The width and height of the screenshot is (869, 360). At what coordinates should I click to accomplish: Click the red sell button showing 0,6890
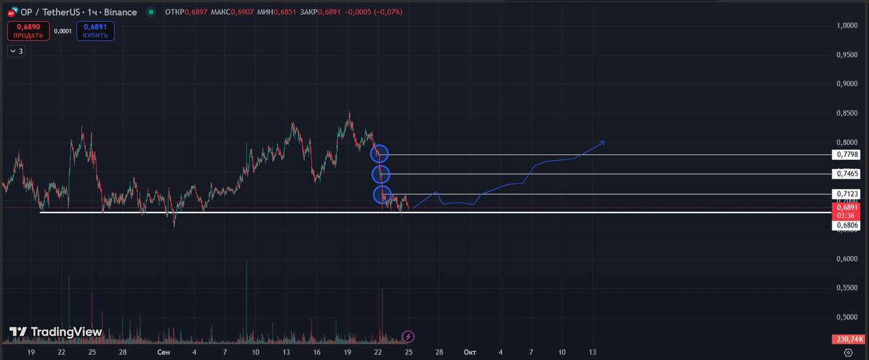tap(29, 31)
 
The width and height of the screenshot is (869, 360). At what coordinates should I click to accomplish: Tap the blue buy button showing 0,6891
tap(95, 31)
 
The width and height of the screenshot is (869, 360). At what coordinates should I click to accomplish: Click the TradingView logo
tap(56, 332)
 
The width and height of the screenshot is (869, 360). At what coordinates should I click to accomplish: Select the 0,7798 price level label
tap(848, 155)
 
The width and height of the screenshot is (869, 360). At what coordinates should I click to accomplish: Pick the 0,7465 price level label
tap(848, 174)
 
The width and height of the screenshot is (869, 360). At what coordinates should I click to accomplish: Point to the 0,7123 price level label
tap(848, 194)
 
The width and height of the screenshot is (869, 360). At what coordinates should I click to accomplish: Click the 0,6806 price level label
tap(848, 225)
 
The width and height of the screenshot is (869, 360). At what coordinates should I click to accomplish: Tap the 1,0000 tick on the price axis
tap(847, 26)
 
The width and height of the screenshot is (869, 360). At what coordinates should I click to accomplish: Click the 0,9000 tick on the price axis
tap(847, 84)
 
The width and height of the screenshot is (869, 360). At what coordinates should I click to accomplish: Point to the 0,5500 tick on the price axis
tap(847, 288)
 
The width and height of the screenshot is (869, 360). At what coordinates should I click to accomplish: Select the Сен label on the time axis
tap(163, 353)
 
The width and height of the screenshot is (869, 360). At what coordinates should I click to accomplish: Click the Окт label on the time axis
tap(470, 353)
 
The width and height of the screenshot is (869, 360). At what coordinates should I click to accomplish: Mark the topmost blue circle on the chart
tap(380, 154)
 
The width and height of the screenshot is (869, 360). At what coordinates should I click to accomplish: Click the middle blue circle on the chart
tap(382, 175)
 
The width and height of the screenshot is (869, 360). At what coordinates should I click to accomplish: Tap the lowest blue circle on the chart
tap(382, 196)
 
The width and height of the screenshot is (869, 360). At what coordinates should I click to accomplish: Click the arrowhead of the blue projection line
tap(603, 142)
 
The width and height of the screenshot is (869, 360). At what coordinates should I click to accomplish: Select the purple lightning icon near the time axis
tap(408, 336)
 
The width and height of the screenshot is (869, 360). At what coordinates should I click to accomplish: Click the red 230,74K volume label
tap(848, 339)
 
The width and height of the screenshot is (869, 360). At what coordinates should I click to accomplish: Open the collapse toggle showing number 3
tap(16, 51)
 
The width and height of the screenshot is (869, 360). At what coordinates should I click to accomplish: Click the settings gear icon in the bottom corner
tap(847, 353)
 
